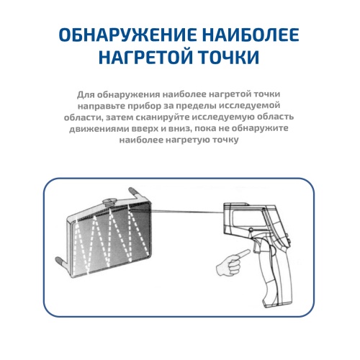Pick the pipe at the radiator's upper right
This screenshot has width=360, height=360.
coord(135,193)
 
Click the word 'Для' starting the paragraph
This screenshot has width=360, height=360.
coord(84,94)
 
